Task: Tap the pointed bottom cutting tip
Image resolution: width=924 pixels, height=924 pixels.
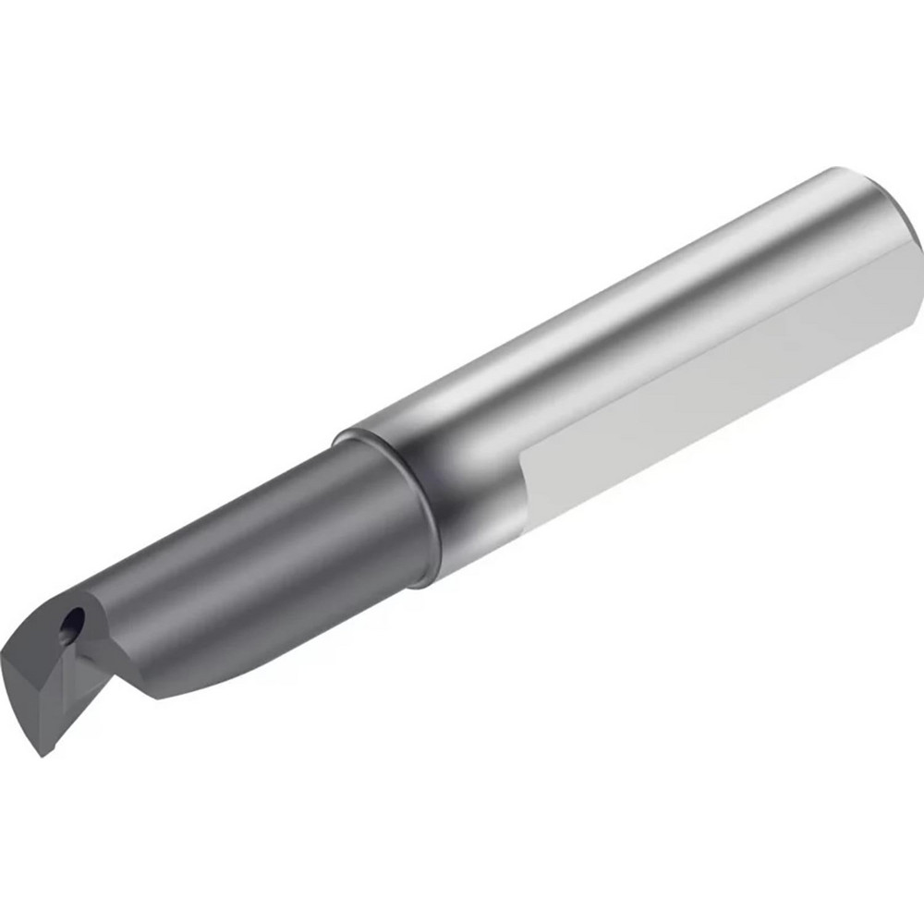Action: tap(42, 753)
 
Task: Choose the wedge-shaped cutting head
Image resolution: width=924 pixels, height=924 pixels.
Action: tap(42, 684)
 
